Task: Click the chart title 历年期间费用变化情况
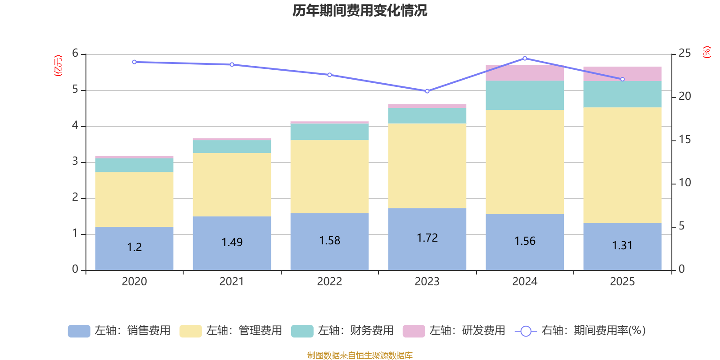click(360, 10)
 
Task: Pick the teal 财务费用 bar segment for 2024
click(525, 95)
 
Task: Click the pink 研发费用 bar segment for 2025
click(622, 74)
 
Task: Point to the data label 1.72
click(427, 238)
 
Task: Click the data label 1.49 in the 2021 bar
click(232, 243)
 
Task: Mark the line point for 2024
click(525, 58)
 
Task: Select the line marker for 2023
click(427, 91)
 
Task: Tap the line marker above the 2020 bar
click(134, 62)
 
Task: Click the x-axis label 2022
click(329, 282)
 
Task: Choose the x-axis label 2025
click(622, 282)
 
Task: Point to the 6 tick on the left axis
click(75, 54)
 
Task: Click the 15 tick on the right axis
click(684, 140)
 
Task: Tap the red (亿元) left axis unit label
click(58, 66)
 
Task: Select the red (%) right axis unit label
click(706, 52)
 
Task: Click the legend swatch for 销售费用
click(79, 331)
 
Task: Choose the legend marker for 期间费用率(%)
click(526, 331)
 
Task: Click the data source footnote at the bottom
click(360, 355)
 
